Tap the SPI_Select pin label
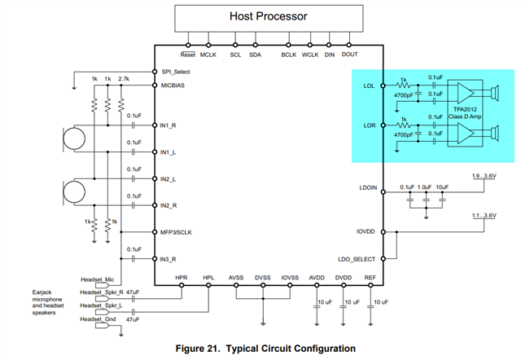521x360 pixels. (177, 71)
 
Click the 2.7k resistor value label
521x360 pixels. (124, 78)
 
